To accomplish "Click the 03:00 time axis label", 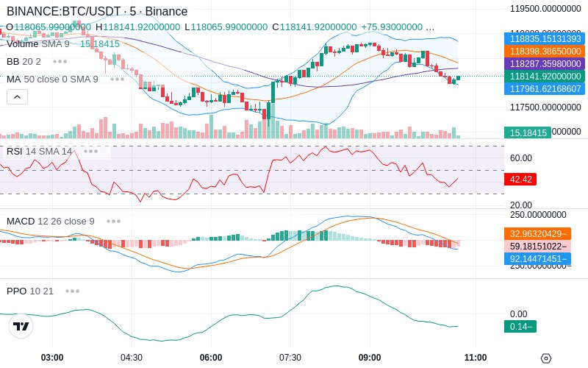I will (52, 357).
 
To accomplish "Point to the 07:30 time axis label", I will (290, 357).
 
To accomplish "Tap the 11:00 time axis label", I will (476, 357).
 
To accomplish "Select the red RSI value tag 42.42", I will (520, 179).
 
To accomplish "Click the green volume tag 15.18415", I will (527, 133).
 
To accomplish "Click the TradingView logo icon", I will (21, 326).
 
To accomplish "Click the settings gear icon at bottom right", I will (545, 358).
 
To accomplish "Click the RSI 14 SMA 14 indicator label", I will (40, 151).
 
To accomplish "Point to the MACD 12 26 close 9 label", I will (51, 221).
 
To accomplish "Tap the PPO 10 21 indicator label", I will (30, 291).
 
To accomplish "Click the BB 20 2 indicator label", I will (24, 61).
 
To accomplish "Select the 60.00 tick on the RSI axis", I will (521, 158).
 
